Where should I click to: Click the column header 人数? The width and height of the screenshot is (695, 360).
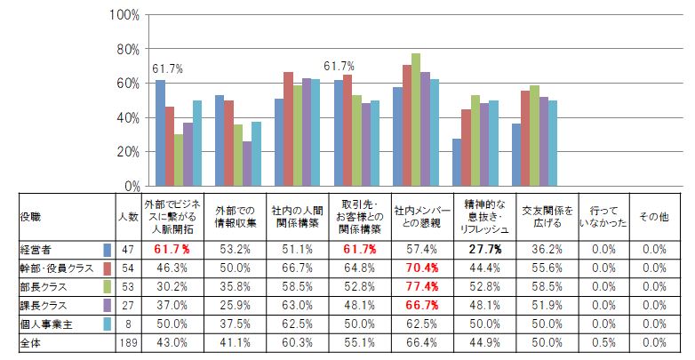(128, 217)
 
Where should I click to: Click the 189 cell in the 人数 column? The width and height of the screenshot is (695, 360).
(128, 343)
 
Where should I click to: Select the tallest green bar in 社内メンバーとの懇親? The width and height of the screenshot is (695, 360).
(416, 120)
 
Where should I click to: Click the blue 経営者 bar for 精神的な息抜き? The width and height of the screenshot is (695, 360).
(457, 163)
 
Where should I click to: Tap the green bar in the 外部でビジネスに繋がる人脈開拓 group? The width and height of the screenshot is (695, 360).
(179, 160)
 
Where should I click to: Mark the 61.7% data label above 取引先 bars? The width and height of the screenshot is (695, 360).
(339, 66)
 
